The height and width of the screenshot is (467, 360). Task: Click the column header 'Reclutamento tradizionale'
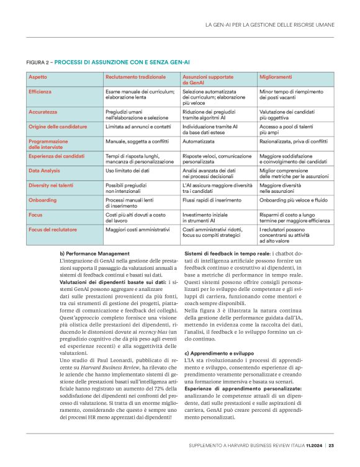[135, 77]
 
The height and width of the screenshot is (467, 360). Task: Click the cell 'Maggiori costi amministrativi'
[137, 229]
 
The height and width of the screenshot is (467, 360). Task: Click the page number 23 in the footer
[331, 445]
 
